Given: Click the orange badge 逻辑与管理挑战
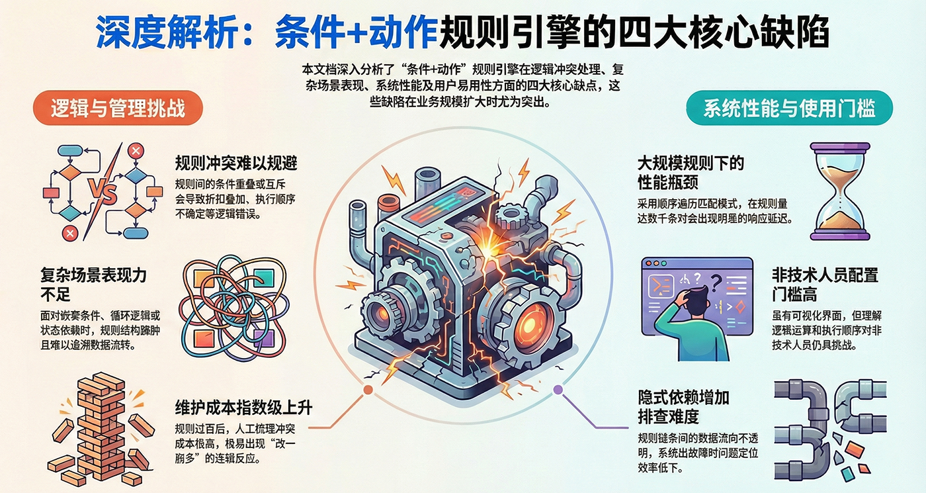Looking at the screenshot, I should pyautogui.click(x=118, y=108).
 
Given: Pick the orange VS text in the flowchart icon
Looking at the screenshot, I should pyautogui.click(x=103, y=193).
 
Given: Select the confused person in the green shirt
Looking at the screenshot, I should pyautogui.click(x=695, y=317).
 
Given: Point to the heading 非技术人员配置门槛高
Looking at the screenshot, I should pyautogui.click(x=825, y=283).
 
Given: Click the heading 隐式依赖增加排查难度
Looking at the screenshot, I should pyautogui.click(x=683, y=406).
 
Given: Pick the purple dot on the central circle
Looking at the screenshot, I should pyautogui.click(x=558, y=390).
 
